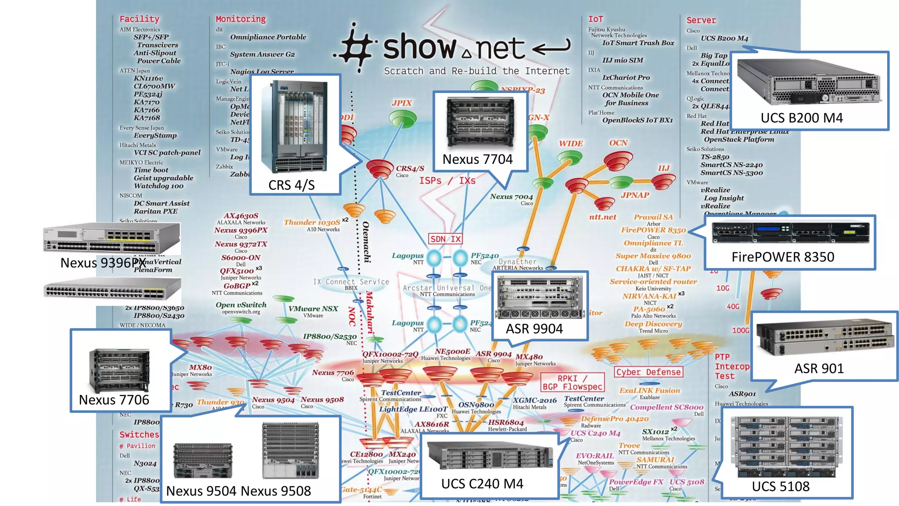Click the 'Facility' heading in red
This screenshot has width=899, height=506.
(139, 19)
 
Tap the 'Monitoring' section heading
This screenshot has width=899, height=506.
(241, 19)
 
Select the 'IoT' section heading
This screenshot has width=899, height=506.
(595, 19)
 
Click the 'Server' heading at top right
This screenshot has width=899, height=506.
(701, 20)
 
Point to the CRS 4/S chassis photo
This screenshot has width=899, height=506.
(294, 127)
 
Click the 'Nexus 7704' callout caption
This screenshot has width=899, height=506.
(477, 159)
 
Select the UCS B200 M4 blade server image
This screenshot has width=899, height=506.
(808, 82)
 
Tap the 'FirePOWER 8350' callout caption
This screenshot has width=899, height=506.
(783, 257)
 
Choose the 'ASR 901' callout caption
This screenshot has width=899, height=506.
(819, 369)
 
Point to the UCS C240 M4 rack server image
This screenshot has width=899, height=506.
(489, 457)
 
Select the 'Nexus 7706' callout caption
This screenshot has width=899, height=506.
(114, 400)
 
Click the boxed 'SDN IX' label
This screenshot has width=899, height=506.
(445, 239)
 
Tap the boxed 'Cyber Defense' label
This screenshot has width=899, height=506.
(648, 372)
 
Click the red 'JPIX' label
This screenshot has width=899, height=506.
(402, 103)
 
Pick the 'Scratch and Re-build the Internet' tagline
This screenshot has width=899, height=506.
(477, 71)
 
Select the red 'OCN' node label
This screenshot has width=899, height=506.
(618, 143)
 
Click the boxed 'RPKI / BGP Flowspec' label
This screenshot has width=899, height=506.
(572, 383)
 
